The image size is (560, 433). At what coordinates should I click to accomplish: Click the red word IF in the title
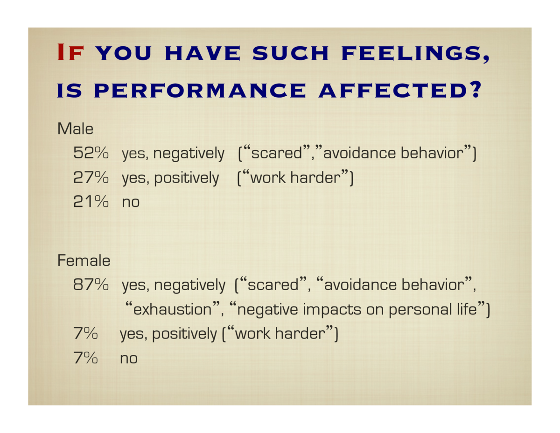pyautogui.click(x=70, y=52)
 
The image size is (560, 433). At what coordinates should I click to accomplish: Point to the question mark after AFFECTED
pyautogui.click(x=475, y=90)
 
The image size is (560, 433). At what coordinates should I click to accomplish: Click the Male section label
pyautogui.click(x=75, y=128)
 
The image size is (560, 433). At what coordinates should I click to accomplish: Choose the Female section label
pyautogui.click(x=84, y=260)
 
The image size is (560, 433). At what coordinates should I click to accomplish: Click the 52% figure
pyautogui.click(x=91, y=153)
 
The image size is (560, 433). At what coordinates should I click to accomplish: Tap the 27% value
pyautogui.click(x=91, y=177)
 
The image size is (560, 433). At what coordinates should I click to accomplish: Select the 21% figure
pyautogui.click(x=91, y=201)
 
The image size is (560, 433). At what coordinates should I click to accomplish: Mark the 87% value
pyautogui.click(x=91, y=284)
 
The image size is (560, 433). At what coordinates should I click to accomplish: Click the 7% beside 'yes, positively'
pyautogui.click(x=85, y=333)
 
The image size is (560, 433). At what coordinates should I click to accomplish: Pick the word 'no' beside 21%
pyautogui.click(x=131, y=202)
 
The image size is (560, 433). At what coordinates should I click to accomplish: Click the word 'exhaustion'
pyautogui.click(x=172, y=309)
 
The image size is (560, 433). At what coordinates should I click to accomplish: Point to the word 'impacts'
pyautogui.click(x=332, y=310)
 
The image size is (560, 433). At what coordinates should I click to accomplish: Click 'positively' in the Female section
pyautogui.click(x=184, y=334)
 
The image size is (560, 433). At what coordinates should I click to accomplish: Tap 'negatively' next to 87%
pyautogui.click(x=189, y=285)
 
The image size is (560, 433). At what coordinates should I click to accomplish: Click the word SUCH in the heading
pyautogui.click(x=290, y=53)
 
